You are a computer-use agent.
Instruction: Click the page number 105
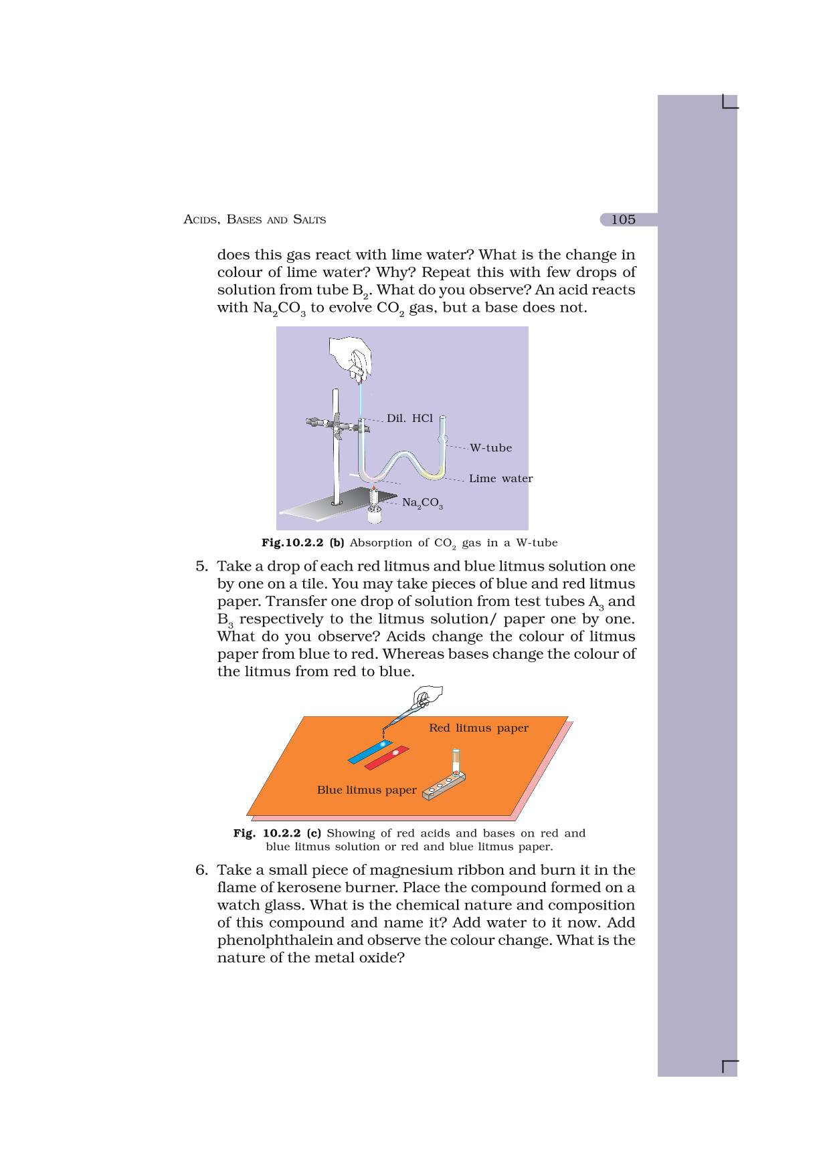click(x=623, y=219)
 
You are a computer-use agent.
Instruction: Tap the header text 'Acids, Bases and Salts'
click(x=254, y=219)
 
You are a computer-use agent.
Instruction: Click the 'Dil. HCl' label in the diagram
click(x=409, y=419)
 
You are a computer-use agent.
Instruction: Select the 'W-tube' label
click(x=490, y=448)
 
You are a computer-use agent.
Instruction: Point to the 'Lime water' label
click(x=500, y=479)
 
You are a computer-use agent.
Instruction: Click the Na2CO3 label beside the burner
click(x=422, y=503)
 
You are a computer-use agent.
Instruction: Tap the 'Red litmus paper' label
click(x=478, y=728)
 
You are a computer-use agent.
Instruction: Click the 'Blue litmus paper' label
click(x=367, y=790)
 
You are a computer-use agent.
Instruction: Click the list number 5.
click(x=201, y=566)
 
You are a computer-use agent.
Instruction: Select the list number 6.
click(x=201, y=870)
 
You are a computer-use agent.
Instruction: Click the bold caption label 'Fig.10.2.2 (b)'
click(x=302, y=543)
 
